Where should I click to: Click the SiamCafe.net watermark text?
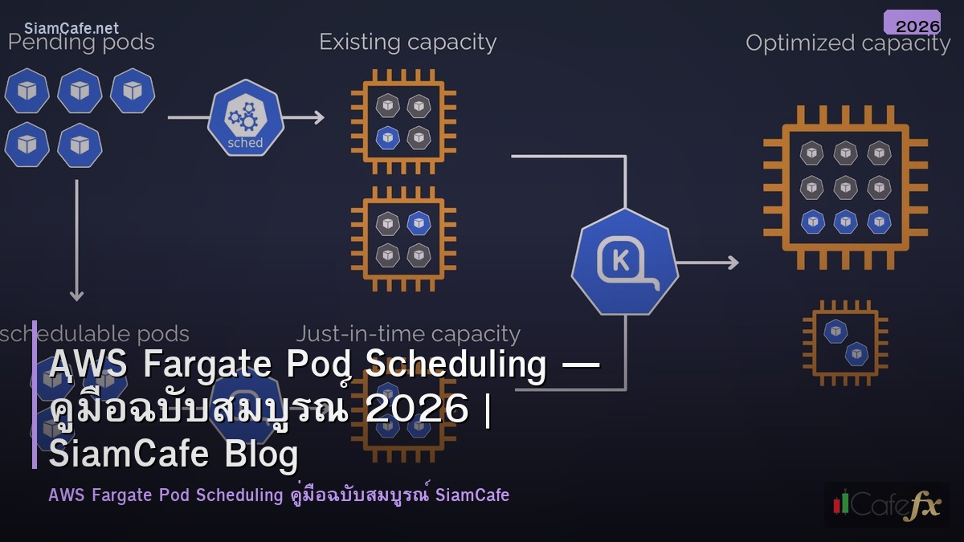pos(71,28)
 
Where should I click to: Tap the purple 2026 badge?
pos(913,23)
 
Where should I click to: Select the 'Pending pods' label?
pos(81,42)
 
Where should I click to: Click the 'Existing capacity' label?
pos(407,42)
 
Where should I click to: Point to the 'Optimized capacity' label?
pos(848,43)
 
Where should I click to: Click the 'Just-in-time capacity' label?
pos(408,334)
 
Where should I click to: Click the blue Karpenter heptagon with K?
pos(624,261)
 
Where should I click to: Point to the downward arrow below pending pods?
pos(76,241)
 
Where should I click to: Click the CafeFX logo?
pos(886,504)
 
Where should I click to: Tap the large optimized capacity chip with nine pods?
pos(845,186)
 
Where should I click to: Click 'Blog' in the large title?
pos(259,454)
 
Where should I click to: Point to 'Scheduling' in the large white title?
pos(455,365)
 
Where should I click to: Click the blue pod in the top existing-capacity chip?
pos(388,137)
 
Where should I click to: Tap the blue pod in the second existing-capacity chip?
pos(418,222)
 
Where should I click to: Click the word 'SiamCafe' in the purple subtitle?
pos(472,495)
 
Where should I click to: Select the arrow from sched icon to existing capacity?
pos(304,118)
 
